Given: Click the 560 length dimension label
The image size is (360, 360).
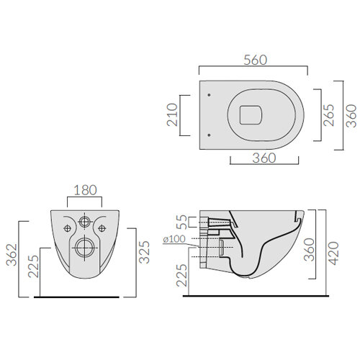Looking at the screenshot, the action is click(255, 60).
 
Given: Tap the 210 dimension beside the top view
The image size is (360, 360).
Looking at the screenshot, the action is click(172, 114).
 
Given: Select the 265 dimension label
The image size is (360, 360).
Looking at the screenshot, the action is click(328, 115).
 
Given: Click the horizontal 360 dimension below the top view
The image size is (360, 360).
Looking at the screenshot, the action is click(264, 158).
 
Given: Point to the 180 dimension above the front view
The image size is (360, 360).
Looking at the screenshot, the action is click(85, 190).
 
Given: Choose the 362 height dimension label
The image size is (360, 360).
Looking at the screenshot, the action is click(12, 255).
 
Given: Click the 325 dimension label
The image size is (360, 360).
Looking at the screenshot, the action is click(144, 252).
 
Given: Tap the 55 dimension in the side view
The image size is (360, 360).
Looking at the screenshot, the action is click(181, 222).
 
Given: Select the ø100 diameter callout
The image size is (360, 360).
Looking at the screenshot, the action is click(174, 239).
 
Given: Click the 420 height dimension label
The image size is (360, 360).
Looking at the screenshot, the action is click(333, 253).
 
